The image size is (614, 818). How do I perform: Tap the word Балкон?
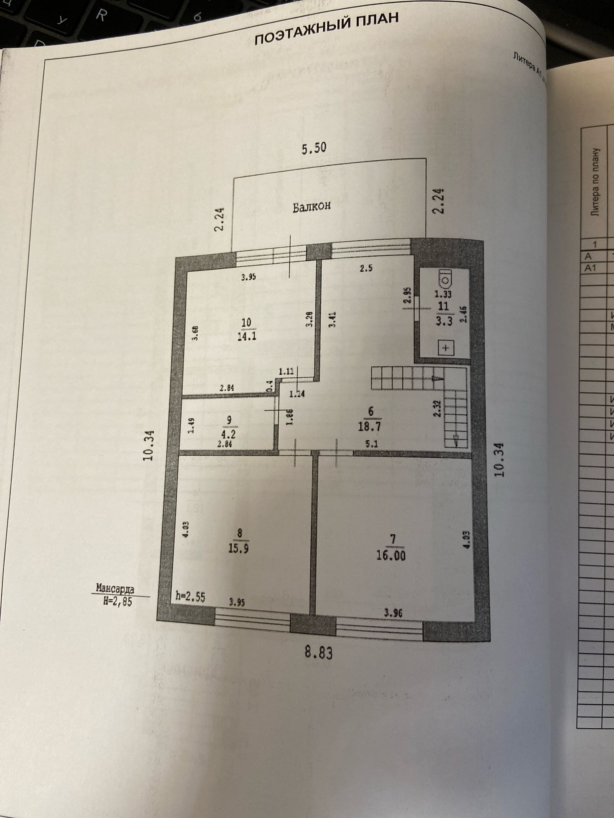click(x=312, y=207)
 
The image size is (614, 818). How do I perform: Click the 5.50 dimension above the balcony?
click(x=314, y=148)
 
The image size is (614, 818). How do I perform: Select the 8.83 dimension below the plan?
click(x=319, y=652)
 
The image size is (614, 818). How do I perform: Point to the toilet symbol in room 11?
click(x=446, y=277)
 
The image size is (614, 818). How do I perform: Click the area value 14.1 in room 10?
click(x=246, y=336)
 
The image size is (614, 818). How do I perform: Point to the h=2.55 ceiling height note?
click(x=190, y=597)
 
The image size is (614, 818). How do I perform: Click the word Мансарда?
click(x=115, y=589)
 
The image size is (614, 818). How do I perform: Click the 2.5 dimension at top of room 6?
click(x=366, y=268)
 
